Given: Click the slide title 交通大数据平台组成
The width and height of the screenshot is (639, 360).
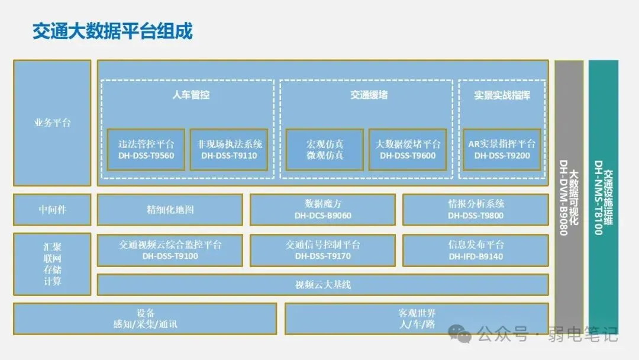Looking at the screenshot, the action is click(112, 31).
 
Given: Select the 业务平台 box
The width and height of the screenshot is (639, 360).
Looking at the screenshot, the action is click(52, 123).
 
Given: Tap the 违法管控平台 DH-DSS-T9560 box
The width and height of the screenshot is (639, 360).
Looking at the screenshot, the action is click(146, 150).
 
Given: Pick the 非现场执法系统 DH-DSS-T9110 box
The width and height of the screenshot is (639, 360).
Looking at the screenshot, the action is click(230, 150).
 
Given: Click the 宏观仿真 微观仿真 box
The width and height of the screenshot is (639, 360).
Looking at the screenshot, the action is click(325, 150).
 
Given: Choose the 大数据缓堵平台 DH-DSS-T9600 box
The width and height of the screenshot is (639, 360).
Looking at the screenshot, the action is click(408, 150).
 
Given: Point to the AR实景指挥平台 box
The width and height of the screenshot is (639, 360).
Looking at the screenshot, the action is click(502, 150).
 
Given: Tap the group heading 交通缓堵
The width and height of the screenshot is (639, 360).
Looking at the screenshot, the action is click(369, 95).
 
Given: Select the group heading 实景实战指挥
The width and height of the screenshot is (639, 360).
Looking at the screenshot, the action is click(502, 95).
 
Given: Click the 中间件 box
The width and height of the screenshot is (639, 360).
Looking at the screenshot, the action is click(52, 210).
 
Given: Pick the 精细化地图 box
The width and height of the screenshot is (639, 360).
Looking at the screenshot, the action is click(170, 210).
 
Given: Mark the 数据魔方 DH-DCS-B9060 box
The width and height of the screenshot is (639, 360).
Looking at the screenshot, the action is click(322, 210).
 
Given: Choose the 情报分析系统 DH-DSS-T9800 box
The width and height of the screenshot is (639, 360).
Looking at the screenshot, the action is click(476, 210).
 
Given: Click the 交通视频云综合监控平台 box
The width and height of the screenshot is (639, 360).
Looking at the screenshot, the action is click(170, 250).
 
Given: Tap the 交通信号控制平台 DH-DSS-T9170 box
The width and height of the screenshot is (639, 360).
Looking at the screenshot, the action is click(322, 250).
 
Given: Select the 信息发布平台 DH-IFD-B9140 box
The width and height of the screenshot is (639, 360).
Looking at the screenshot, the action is click(476, 250).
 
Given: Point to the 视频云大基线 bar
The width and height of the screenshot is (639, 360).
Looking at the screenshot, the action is click(322, 285).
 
